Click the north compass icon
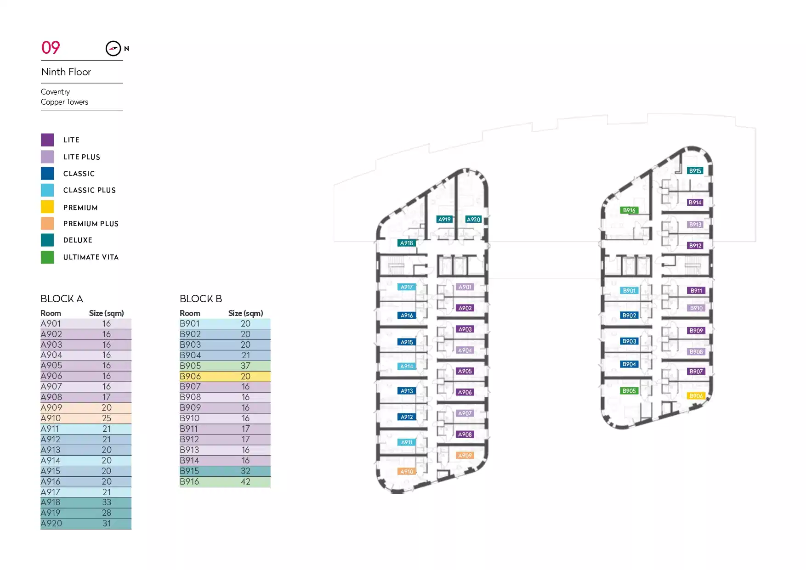(113, 48)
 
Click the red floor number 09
(51, 47)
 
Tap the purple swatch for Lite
(47, 140)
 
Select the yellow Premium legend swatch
(47, 207)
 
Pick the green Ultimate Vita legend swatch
(47, 257)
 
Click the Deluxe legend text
(78, 240)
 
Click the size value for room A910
(107, 418)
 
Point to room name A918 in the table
(51, 502)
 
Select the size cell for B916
(245, 482)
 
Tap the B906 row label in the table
(190, 377)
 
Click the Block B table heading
(201, 299)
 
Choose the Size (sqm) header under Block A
(106, 313)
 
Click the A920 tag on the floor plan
(473, 220)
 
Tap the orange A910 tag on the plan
(407, 472)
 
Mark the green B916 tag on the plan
(629, 210)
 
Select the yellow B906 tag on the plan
(696, 396)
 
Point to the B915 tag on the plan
(695, 171)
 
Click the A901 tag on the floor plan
(465, 287)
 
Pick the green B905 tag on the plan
(629, 391)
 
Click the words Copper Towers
(64, 102)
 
